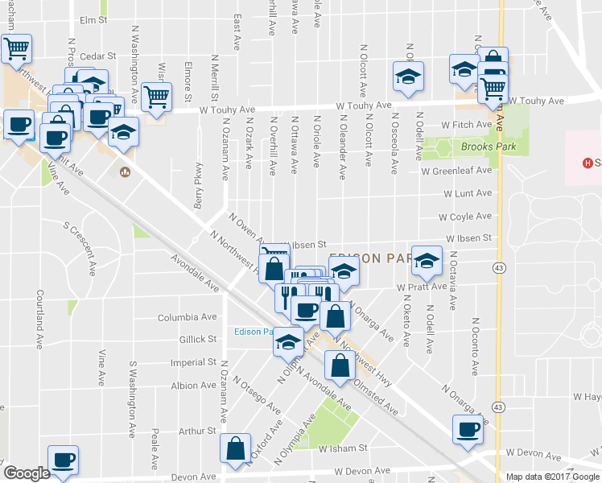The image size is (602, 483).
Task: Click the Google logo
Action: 27,473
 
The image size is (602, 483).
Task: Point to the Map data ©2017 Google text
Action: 552,477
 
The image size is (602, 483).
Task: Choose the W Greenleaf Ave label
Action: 456,171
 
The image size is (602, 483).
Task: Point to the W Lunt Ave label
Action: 467,193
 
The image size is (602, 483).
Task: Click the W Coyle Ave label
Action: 464,217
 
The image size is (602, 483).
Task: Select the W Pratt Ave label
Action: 421,287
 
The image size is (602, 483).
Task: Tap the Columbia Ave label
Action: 188,318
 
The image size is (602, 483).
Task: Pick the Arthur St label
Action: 197,431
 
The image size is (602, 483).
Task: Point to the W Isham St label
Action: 343,448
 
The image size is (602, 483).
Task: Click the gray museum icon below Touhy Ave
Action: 125,171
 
